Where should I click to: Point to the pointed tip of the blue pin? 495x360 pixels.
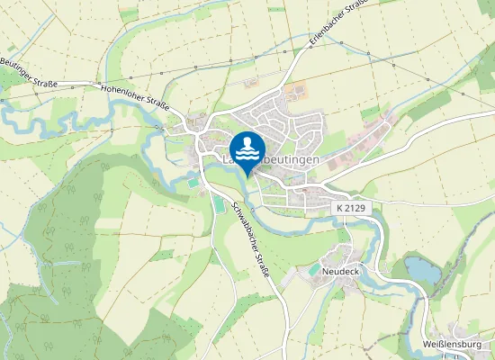247,176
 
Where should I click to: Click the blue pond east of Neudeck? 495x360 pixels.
421,268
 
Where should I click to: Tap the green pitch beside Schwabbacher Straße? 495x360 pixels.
220,205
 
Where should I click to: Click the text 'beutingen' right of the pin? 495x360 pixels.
293,158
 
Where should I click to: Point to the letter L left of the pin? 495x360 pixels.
224,159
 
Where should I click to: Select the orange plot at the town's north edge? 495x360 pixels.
294,92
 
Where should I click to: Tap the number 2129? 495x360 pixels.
358,208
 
